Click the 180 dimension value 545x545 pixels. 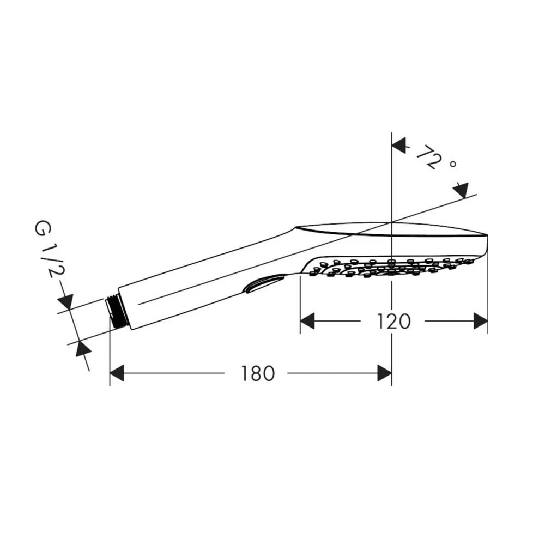(x=258, y=373)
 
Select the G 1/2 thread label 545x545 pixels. (x=49, y=250)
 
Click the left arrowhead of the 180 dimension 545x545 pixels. (x=117, y=373)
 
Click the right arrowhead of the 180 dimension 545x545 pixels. (x=384, y=373)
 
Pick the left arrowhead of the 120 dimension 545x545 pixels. (x=307, y=321)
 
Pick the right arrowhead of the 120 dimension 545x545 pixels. (x=481, y=321)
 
